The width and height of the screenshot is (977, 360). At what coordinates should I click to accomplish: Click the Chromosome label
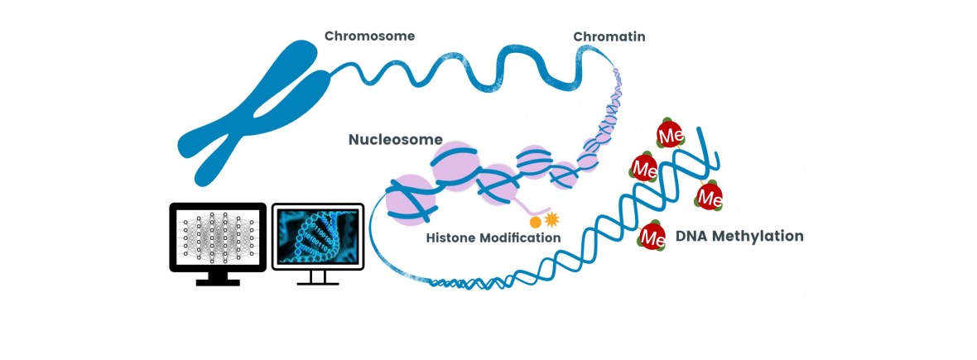pos(369,36)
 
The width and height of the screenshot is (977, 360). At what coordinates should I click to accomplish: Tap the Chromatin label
pos(609,36)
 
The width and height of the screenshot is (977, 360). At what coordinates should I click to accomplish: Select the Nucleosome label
pos(395,139)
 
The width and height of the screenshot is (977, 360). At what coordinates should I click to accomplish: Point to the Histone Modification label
pos(493,238)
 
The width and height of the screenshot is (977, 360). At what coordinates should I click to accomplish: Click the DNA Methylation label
pos(739,236)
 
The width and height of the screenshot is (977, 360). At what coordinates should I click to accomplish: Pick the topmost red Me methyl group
pos(669,133)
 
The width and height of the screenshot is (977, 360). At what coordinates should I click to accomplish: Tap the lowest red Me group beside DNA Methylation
pos(652,238)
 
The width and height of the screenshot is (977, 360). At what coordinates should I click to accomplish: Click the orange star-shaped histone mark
pos(551,219)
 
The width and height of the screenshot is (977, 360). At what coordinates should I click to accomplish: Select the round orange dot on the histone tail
pos(535,222)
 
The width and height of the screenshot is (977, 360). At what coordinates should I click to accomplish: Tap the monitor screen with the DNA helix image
pos(318,236)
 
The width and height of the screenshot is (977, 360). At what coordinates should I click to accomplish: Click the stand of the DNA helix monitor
pos(318,278)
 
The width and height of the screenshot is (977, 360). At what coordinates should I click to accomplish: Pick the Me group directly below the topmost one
pos(644,168)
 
